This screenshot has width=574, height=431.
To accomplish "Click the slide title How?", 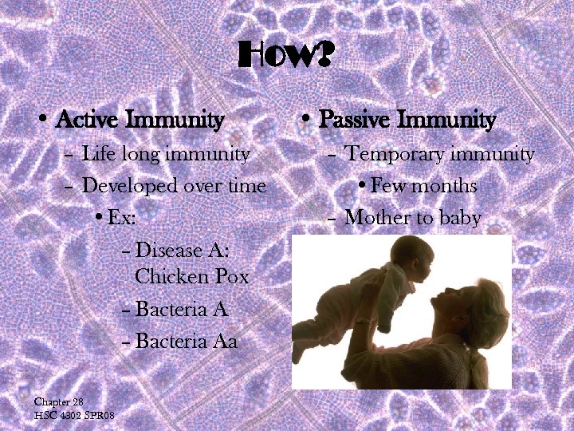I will point(286,57).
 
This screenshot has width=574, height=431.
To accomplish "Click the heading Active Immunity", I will point(140,121).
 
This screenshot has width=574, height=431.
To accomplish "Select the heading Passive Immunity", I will point(407,121).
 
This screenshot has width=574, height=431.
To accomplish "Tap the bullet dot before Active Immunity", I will point(45,121).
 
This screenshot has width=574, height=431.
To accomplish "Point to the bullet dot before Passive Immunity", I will point(306,121).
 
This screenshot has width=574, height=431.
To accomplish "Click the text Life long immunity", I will point(166,153).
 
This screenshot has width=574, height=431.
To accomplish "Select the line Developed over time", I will point(174,185).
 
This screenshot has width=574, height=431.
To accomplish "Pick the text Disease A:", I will point(183,250).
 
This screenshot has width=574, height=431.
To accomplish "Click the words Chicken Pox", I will point(192,277).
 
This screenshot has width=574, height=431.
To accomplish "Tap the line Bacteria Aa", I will point(187,342).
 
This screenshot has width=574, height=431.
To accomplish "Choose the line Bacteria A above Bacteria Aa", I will point(183,309).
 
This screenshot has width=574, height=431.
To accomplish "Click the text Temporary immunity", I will point(439,153).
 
